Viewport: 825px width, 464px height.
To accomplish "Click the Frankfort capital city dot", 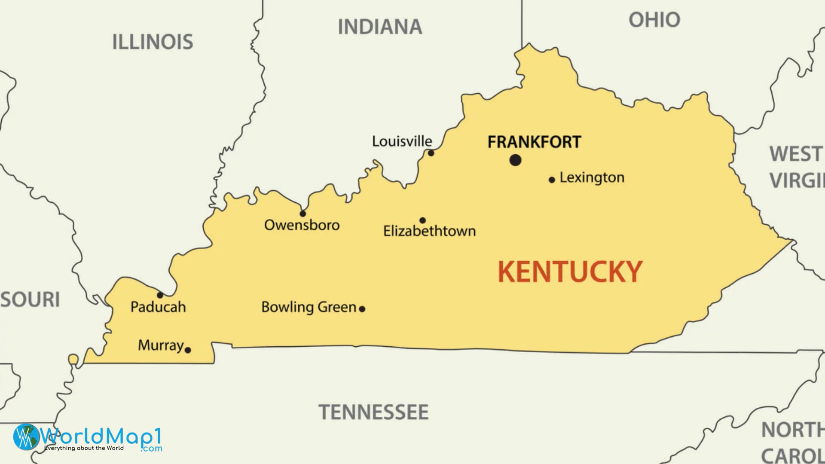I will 515,160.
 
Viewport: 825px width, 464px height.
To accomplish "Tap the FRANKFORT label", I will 534,142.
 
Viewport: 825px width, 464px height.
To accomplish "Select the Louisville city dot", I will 431,153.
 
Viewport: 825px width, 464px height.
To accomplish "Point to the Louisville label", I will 402,141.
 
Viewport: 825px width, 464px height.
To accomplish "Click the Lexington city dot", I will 552,180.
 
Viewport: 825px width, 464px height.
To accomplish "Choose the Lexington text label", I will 592,177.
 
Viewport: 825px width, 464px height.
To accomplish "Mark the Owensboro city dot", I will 302,214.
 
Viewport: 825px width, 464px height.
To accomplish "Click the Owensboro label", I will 302,225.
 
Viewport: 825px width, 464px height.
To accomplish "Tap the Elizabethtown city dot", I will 422,220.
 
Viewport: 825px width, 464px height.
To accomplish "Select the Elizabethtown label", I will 429,231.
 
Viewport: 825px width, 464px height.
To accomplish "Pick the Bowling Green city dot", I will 362,308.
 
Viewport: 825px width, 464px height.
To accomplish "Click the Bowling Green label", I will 309,307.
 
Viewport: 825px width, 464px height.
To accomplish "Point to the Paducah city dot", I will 160,295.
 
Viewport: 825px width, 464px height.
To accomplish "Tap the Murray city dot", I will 188,350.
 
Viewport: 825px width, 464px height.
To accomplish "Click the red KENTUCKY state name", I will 570,272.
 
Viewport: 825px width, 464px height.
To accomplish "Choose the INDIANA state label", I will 380,27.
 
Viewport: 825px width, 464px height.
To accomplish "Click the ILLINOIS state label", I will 153,42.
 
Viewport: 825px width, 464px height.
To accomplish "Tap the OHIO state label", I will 654,20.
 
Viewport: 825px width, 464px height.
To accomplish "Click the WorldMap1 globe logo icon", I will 26,437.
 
